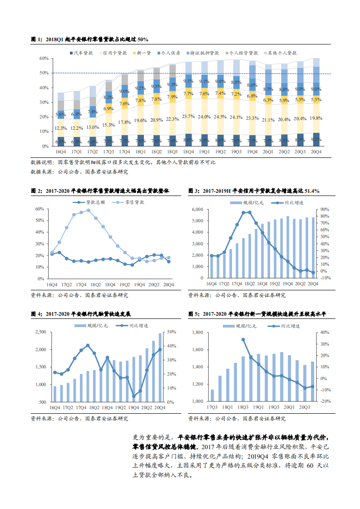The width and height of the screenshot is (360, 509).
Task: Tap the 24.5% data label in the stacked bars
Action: pos(220,117)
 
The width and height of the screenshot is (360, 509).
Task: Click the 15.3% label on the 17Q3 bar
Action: pos(108,125)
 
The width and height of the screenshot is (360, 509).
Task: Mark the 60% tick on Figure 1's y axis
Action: pos(44,59)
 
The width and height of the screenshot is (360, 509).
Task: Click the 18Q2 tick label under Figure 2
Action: pos(95,284)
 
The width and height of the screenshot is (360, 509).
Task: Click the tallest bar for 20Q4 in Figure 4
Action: pos(160,367)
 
